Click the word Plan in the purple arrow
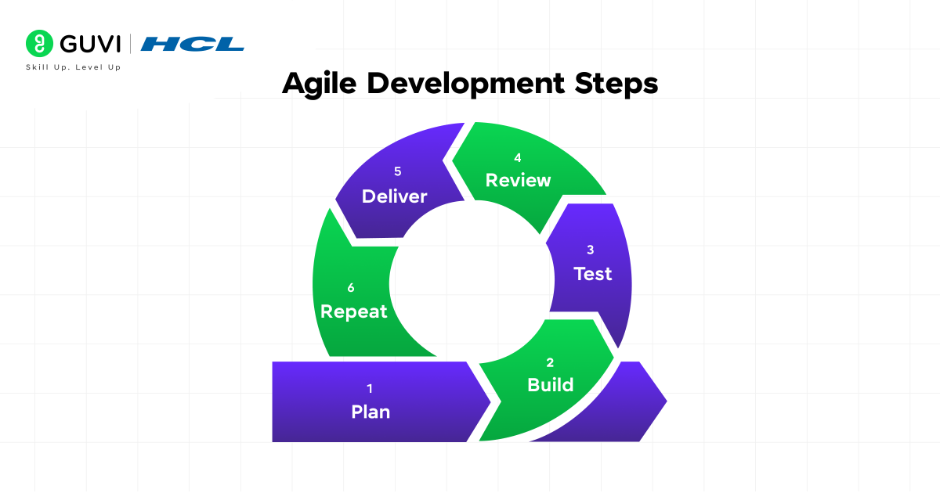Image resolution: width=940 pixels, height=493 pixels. tap(371, 412)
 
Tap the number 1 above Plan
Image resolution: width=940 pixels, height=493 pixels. tap(370, 388)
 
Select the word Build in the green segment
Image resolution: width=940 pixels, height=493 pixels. tap(550, 385)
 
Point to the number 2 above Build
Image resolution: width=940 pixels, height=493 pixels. tap(550, 362)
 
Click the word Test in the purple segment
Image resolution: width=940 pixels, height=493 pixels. tap(592, 274)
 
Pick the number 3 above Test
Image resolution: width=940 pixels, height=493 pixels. tap(591, 250)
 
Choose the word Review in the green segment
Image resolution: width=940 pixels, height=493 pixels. tap(518, 180)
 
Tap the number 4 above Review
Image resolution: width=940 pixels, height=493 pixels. tap(518, 157)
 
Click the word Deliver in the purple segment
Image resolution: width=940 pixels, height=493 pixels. tap(394, 196)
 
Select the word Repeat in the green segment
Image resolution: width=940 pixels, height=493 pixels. tap(354, 311)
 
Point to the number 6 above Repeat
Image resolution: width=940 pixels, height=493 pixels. tap(351, 288)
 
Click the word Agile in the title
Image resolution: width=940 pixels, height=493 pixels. tap(318, 84)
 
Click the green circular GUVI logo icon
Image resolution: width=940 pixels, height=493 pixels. tap(38, 43)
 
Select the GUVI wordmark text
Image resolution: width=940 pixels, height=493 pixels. tap(87, 43)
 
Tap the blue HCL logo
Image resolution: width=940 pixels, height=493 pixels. tap(193, 44)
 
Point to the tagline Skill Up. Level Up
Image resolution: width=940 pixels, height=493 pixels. tap(74, 67)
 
